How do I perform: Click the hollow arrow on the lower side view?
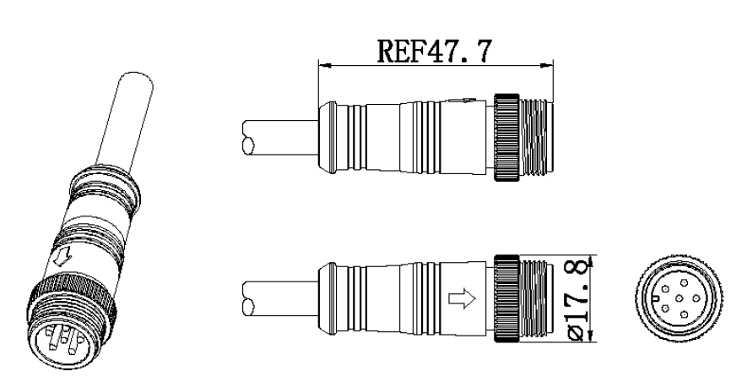(462, 298)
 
